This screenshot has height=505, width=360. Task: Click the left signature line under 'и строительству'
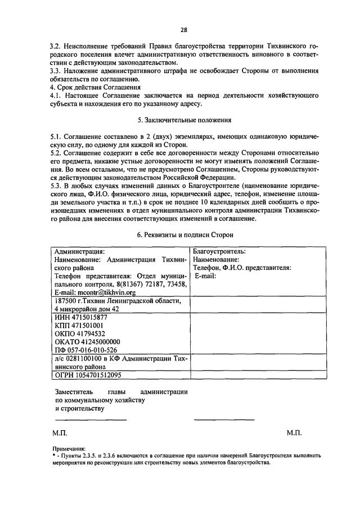coord(90,420)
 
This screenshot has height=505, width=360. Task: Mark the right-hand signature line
coord(224,420)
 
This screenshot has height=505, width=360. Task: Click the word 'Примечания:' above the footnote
coord(67,449)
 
